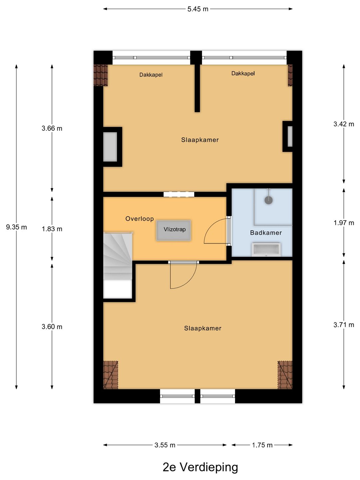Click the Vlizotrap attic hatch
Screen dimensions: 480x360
tap(174, 230)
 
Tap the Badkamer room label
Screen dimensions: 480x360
tap(266, 233)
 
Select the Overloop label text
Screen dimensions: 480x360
tap(139, 219)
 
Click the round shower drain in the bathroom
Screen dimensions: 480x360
tap(268, 200)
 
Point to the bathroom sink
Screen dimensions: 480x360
tap(266, 249)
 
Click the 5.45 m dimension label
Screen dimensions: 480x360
tap(198, 9)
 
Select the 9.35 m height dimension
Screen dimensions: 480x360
tap(16, 227)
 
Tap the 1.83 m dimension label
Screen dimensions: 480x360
tap(52, 229)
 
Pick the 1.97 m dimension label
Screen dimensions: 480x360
tap(344, 223)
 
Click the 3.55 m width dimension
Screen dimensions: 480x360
tap(165, 445)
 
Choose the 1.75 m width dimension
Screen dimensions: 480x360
tap(262, 445)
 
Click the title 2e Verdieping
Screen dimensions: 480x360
tap(200, 467)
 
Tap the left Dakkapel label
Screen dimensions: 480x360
tap(151, 75)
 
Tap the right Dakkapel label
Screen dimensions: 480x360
tap(243, 73)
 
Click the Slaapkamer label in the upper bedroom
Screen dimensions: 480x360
tap(200, 140)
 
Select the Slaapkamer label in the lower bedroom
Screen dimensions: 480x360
tap(202, 328)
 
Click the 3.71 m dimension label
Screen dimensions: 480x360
tap(344, 325)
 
